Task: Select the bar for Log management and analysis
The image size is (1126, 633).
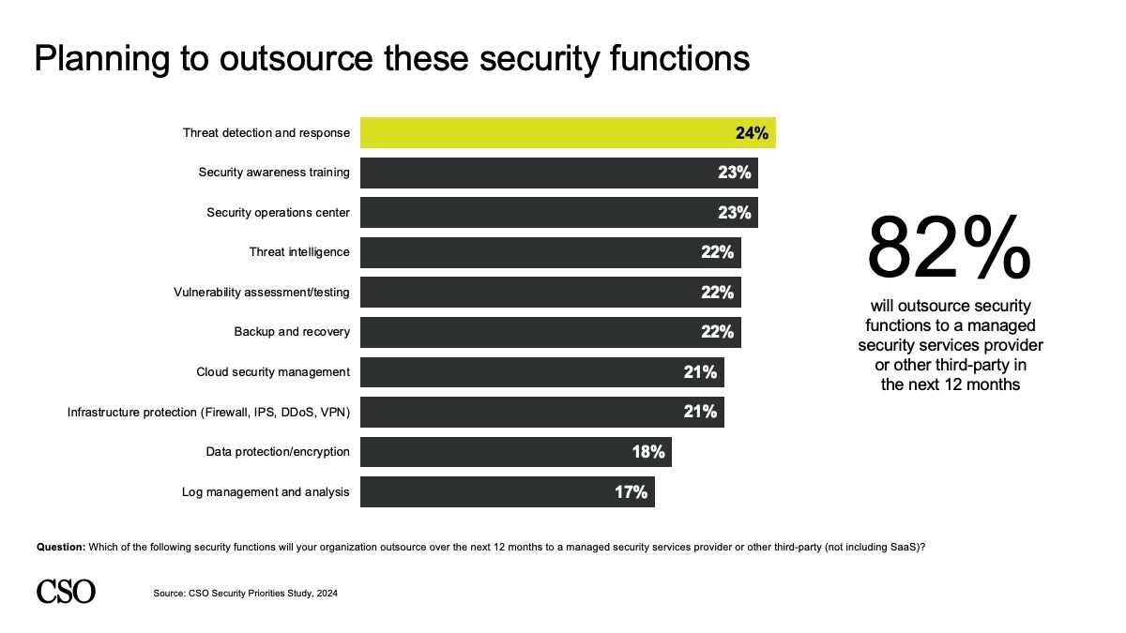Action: point(507,491)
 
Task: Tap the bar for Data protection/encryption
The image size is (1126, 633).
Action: point(515,452)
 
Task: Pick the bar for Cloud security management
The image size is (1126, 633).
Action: point(541,372)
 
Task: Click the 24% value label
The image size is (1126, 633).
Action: point(752,133)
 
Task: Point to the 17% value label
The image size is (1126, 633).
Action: point(631,491)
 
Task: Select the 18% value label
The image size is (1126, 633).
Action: point(647,452)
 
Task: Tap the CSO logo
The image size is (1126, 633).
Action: point(66,591)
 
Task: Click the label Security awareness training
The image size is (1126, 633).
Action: point(274,173)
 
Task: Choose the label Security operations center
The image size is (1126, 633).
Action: point(278,213)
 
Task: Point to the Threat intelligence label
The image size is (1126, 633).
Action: point(299,252)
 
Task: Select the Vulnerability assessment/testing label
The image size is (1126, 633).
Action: point(262,293)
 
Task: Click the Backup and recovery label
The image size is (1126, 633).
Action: point(292,332)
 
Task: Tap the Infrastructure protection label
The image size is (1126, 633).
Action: point(208,412)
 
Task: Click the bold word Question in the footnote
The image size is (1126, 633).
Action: point(61,547)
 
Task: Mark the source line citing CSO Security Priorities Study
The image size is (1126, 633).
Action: point(244,593)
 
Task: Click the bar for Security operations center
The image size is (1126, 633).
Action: point(558,213)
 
